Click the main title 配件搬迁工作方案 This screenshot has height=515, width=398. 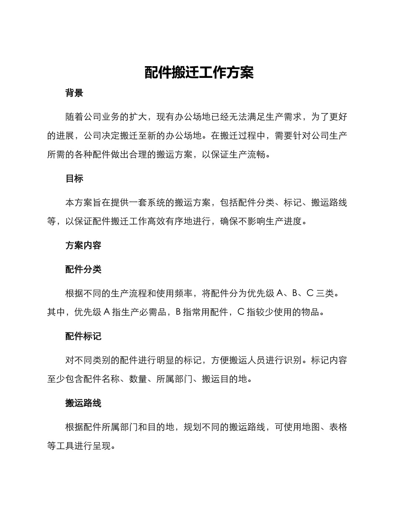click(199, 72)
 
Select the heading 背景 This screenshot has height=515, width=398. click(74, 93)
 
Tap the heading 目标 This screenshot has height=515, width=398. click(74, 178)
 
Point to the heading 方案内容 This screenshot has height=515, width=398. click(83, 245)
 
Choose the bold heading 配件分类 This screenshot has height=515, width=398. click(83, 269)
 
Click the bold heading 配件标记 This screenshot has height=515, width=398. click(83, 336)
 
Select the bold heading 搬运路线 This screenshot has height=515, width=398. click(83, 403)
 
